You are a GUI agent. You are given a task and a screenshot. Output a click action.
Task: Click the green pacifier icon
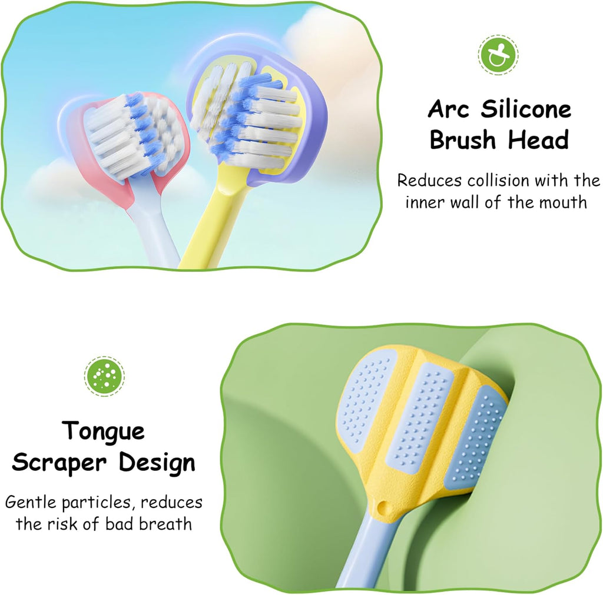(498, 55)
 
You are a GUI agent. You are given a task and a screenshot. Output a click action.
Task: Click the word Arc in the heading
(450, 109)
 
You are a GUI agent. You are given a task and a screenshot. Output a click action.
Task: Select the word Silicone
(526, 109)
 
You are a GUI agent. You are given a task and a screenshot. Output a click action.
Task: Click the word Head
(539, 141)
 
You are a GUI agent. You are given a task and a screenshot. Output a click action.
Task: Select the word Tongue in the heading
(104, 431)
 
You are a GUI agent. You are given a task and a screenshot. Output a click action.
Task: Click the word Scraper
(58, 463)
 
